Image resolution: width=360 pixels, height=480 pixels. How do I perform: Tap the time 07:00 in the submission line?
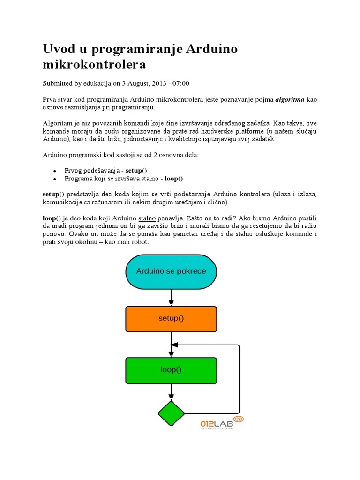pos(181,83)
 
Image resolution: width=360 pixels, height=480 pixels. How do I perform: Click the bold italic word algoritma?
pos(289,100)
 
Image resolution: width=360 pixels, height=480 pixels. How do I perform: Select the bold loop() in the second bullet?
pos(173,179)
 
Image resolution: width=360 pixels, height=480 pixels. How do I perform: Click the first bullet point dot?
pos(55,171)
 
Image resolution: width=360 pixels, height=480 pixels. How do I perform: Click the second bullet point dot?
pos(55,179)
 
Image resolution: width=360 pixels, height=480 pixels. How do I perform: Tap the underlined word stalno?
pos(148,218)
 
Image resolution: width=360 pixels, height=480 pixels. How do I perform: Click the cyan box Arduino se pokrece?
pos(171,271)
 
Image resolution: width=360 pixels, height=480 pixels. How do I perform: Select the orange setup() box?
pos(171,319)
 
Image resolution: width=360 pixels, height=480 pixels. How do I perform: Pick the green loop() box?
pos(171,370)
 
